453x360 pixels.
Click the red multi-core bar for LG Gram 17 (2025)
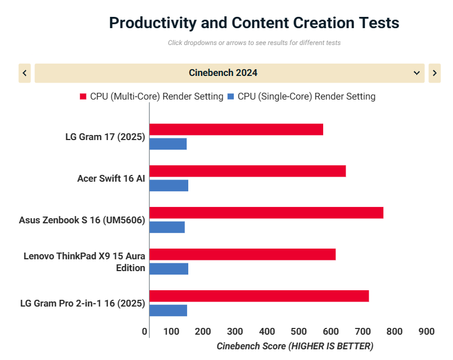click(x=236, y=129)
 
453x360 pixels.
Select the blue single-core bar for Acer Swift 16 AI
click(x=169, y=186)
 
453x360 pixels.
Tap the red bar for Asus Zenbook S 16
click(x=266, y=213)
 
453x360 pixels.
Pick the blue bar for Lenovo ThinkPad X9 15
click(x=169, y=269)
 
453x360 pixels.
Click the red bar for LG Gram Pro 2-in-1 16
click(x=259, y=296)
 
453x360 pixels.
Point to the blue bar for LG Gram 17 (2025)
click(x=168, y=144)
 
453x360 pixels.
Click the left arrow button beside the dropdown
click(x=25, y=73)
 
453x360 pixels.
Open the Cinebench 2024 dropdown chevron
click(x=416, y=73)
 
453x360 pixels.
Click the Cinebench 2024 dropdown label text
click(x=223, y=73)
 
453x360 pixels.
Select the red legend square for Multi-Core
click(x=83, y=97)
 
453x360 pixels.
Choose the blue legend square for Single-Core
click(x=230, y=97)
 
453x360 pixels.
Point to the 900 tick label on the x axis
click(x=427, y=332)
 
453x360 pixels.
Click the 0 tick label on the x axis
click(x=145, y=332)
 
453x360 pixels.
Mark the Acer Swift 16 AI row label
click(x=111, y=179)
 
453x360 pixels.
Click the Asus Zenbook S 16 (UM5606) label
click(x=82, y=220)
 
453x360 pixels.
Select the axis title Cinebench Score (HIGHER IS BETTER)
click(x=295, y=346)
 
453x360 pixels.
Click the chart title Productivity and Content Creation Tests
click(x=254, y=23)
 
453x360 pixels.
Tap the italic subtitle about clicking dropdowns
click(x=254, y=43)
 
